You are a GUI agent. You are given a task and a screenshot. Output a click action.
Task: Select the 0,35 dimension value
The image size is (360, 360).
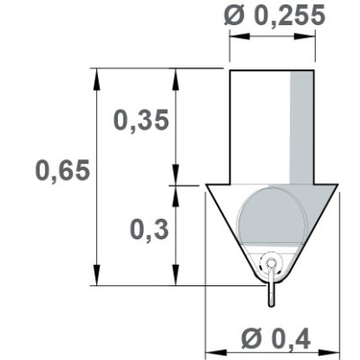coord(140,121)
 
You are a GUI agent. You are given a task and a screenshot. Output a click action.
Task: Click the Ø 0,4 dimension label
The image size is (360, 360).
coord(275,338)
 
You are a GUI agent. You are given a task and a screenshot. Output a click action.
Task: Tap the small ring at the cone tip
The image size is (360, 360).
coord(272,264)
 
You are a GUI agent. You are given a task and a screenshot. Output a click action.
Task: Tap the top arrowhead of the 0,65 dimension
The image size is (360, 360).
coord(94,75)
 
